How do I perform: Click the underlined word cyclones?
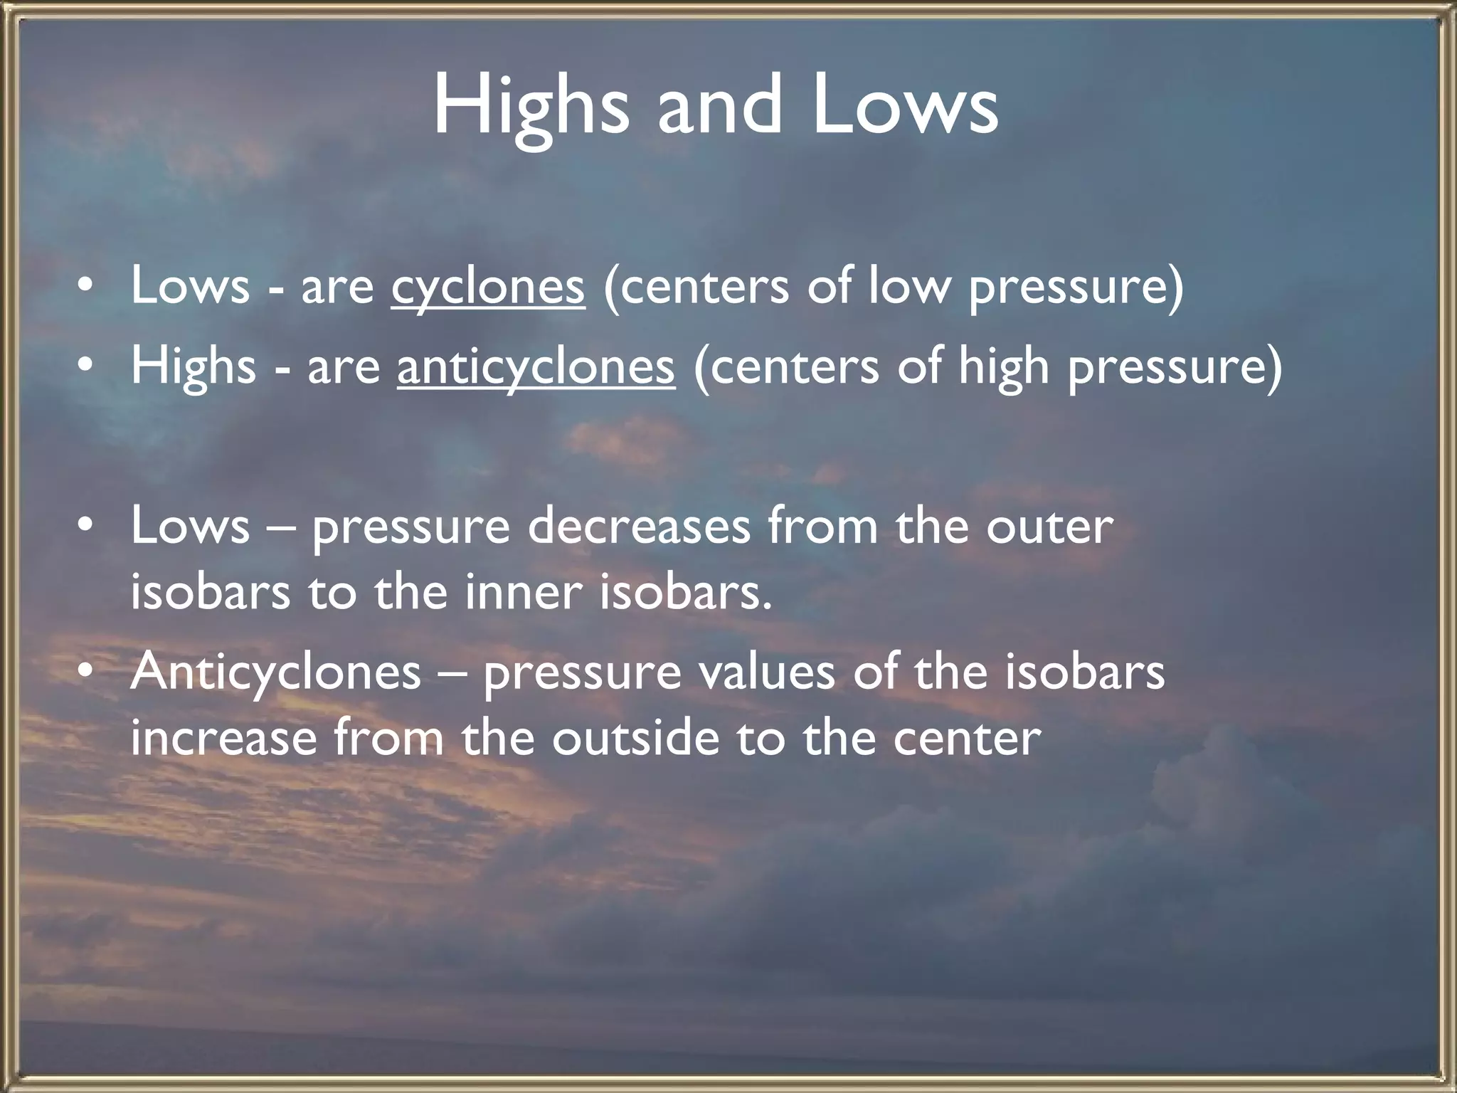(x=487, y=287)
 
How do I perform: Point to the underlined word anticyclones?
(x=536, y=367)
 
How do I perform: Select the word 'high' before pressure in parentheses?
(x=1004, y=367)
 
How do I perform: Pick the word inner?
(x=524, y=592)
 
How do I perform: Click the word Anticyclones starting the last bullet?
(x=275, y=672)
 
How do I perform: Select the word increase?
(x=223, y=737)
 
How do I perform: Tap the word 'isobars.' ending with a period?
(x=685, y=592)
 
